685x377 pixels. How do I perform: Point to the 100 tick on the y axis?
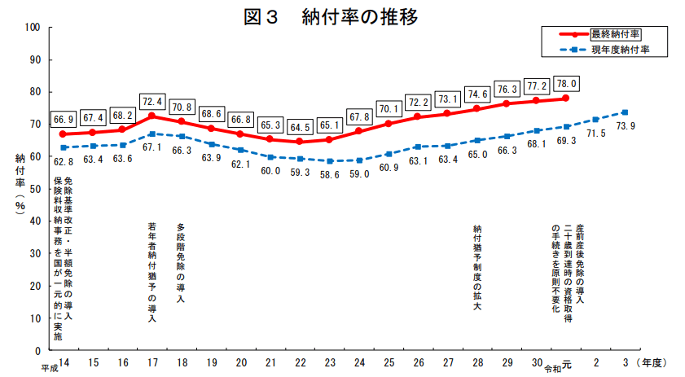point(33,27)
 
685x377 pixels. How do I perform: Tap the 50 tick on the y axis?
point(36,189)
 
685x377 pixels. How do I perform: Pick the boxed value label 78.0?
point(565,83)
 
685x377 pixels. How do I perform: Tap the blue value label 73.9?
point(625,126)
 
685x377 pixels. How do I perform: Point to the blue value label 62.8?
point(63,162)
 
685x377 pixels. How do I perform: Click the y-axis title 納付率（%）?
point(20,183)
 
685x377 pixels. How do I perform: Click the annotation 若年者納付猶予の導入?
point(152,272)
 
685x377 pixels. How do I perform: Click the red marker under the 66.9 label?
point(63,134)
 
